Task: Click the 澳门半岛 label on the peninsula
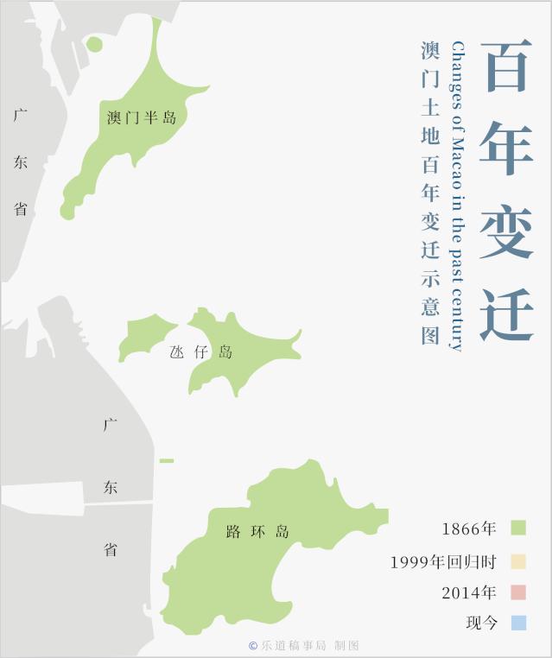[142, 117]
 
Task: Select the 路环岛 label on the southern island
[257, 531]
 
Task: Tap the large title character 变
[506, 230]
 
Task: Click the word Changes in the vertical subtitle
[458, 73]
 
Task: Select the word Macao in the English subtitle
[458, 163]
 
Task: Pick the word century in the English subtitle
[458, 320]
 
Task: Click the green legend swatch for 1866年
[517, 528]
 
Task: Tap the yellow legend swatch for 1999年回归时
[517, 561]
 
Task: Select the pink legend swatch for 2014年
[517, 592]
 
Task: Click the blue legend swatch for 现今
[517, 623]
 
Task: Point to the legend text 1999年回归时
[443, 562]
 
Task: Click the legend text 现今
[482, 623]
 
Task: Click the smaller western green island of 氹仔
[145, 337]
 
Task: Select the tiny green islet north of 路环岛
[167, 460]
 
